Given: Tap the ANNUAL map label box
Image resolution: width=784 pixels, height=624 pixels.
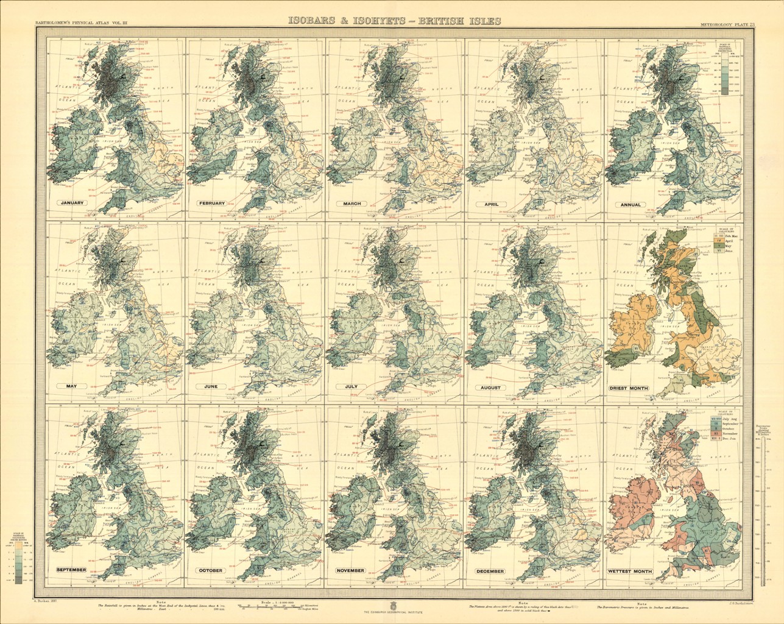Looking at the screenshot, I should pyautogui.click(x=631, y=205).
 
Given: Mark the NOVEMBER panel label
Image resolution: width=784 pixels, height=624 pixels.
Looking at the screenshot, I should pyautogui.click(x=350, y=570).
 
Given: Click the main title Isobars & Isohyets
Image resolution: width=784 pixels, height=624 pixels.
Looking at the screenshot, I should pyautogui.click(x=395, y=21).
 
